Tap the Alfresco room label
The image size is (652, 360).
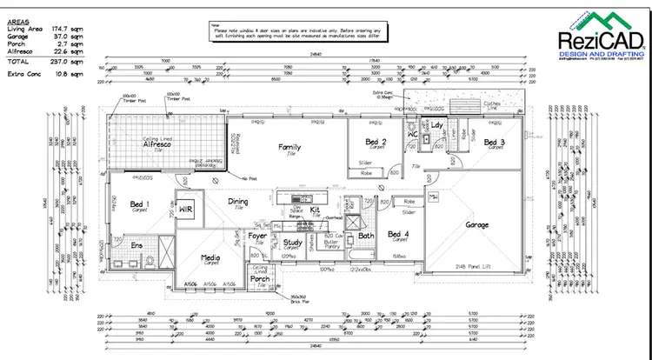point(160,146)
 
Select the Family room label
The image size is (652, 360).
point(289,147)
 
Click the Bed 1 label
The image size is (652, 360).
point(140,204)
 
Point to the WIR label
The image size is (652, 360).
point(185,209)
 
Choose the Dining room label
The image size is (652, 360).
point(238,202)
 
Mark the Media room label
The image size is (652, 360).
point(210,257)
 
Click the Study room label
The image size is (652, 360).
point(292,243)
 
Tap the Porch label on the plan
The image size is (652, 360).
point(262,279)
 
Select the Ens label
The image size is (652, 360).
point(136,246)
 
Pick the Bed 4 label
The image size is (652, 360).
point(399,234)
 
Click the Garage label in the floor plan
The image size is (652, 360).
point(477,224)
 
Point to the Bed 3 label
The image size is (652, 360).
point(494,142)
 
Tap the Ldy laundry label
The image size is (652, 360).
point(437,127)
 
